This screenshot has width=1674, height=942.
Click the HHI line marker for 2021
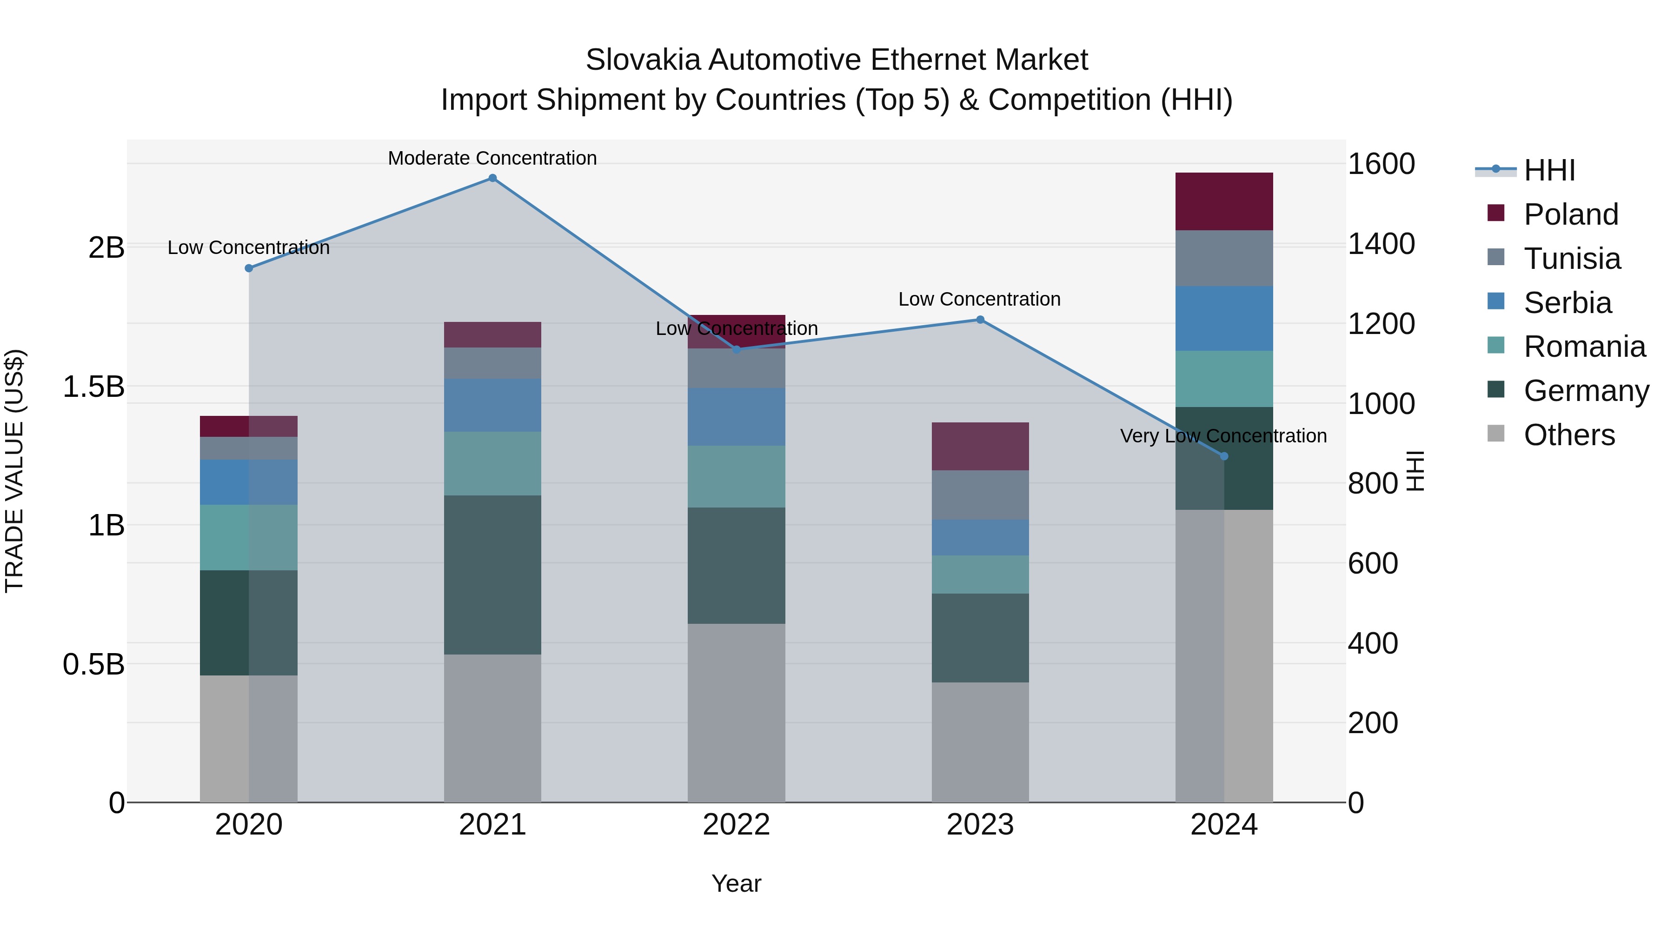492,178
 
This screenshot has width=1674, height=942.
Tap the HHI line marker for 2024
1224,456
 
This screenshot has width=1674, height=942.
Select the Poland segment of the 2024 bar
1224,201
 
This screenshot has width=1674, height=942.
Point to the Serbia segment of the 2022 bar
736,417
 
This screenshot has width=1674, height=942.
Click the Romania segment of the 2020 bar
248,538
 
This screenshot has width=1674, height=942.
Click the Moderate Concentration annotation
492,158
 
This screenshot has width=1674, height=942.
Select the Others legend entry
1569,435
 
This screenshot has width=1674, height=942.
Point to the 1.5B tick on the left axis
93,387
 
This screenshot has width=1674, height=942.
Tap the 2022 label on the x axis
736,825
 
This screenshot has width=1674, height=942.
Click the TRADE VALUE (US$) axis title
14,471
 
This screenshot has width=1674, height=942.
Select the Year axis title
736,883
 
